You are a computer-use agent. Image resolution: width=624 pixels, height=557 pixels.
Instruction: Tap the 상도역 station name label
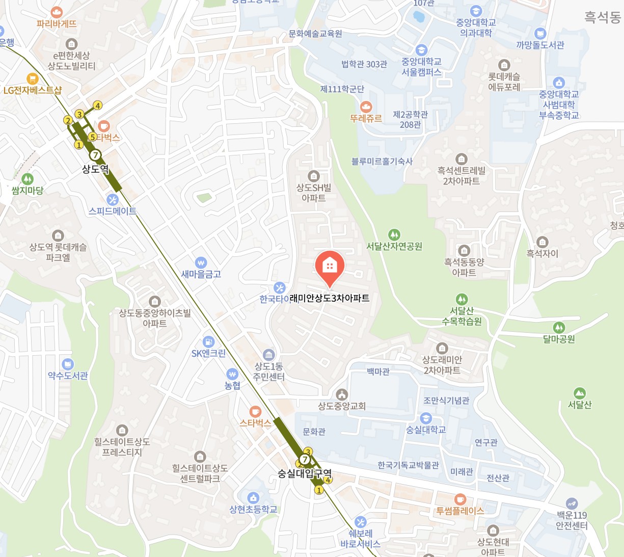point(95,169)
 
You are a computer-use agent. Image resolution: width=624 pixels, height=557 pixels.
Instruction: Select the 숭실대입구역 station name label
point(304,473)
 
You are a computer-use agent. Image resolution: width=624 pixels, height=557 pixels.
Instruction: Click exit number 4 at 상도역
point(97,105)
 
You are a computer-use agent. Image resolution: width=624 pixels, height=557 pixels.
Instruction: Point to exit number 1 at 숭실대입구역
point(319,490)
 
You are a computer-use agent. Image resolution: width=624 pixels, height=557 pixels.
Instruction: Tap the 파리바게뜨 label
point(57,23)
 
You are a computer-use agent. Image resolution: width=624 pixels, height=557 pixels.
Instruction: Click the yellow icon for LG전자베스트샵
point(33,79)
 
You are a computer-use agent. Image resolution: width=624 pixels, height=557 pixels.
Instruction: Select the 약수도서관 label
point(68,376)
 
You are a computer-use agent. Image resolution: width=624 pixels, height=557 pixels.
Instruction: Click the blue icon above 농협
point(232,374)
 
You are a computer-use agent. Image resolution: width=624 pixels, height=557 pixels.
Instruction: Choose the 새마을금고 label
point(201,274)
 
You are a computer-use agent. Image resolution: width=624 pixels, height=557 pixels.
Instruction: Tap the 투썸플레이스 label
point(459,511)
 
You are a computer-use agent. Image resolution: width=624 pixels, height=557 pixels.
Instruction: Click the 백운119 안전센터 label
point(572,520)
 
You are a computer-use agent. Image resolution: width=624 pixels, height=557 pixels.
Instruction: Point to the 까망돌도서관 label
point(540,45)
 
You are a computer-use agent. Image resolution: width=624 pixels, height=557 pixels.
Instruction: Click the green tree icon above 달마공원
point(559,327)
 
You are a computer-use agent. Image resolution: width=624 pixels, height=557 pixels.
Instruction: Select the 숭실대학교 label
point(426,430)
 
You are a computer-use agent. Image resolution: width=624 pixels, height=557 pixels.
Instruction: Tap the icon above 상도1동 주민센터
point(269,355)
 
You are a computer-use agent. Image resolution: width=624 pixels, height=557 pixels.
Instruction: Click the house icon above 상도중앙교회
point(342,394)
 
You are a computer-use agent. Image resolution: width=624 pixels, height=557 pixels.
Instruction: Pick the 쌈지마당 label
point(28,191)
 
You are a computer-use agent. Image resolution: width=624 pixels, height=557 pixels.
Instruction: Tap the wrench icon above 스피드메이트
point(113,199)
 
